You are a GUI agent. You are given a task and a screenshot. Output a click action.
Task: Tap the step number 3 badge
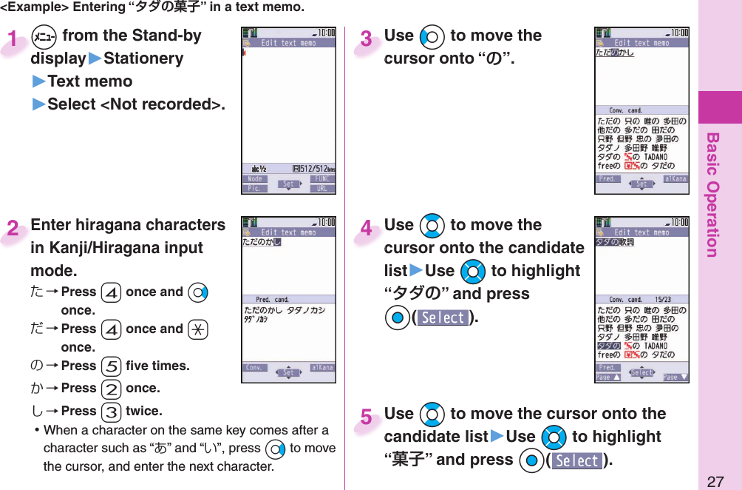coord(366,39)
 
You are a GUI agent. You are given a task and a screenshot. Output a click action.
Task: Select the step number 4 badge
coord(366,229)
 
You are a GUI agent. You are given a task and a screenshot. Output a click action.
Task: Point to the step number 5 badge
coord(366,418)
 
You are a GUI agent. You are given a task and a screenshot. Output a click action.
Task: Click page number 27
coord(714,481)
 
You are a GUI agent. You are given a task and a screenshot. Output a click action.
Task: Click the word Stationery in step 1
coord(143,58)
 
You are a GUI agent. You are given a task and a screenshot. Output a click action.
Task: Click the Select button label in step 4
coord(443,318)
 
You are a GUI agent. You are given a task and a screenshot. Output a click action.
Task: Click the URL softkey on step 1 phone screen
coord(322,188)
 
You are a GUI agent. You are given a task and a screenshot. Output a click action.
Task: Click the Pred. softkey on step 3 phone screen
coord(608,178)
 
